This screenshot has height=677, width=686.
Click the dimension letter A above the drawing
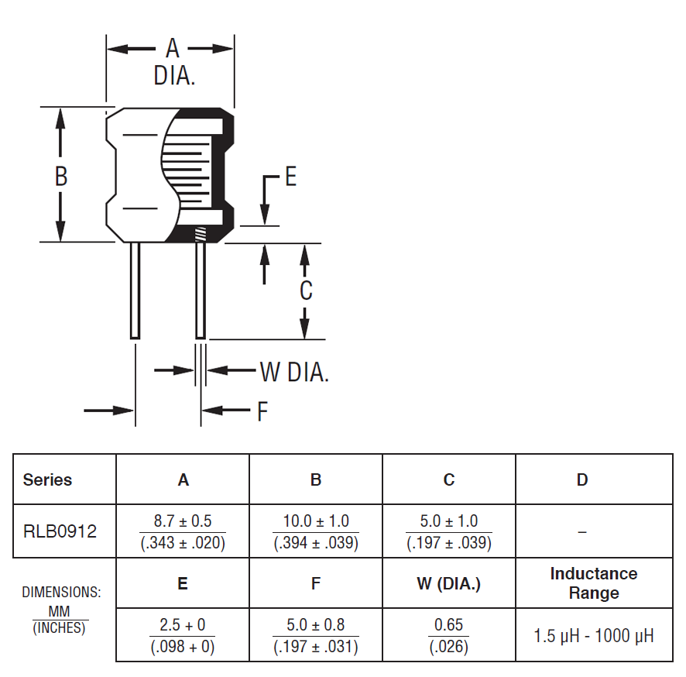coord(173,49)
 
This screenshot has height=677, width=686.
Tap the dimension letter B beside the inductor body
coord(61,177)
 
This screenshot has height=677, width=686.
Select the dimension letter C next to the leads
coord(306,290)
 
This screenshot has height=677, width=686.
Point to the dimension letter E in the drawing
coord(290,177)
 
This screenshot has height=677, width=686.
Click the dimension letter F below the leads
coord(262,411)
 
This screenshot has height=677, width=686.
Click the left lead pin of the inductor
coord(135,290)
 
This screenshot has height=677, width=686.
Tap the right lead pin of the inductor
coord(201,290)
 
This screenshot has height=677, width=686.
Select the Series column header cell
coord(48,479)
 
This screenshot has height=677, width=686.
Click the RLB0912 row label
coord(60,532)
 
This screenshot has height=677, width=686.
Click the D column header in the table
coord(582,479)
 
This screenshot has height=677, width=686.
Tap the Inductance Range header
coord(594,583)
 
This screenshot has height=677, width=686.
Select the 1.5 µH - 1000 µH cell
coord(594,636)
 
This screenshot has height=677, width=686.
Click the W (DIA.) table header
coord(449,583)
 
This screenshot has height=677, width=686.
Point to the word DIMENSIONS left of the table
coord(61,593)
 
